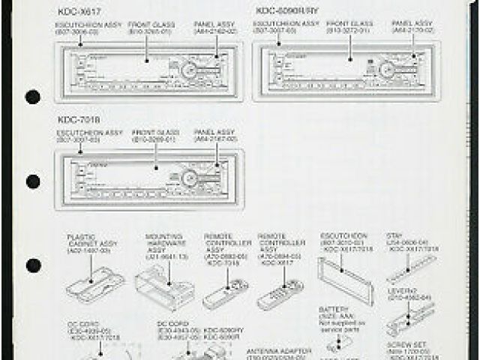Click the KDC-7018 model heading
(78, 119)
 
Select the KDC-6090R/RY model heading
(287, 11)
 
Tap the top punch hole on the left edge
(32, 97)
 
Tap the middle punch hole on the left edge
(32, 181)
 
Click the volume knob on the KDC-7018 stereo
(188, 178)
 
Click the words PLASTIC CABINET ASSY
(87, 241)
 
